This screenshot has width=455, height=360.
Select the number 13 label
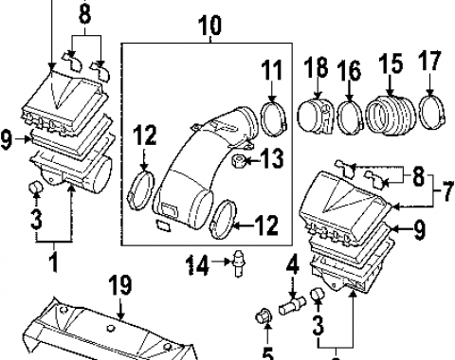pyautogui.click(x=272, y=160)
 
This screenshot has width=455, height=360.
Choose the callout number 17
pyautogui.click(x=429, y=63)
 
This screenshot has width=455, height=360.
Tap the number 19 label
pyautogui.click(x=118, y=285)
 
